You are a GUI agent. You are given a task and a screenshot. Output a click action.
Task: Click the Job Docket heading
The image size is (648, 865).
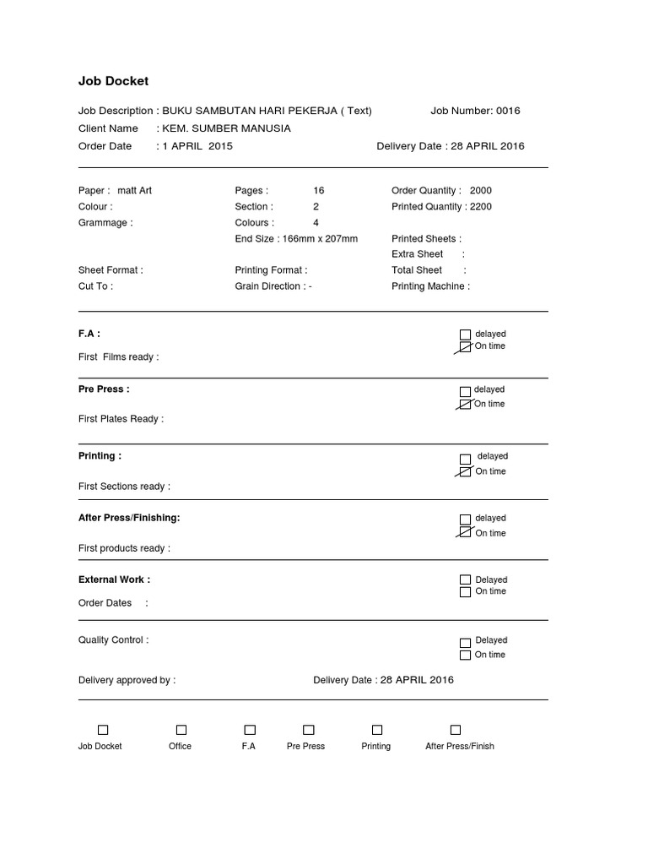pyautogui.click(x=113, y=81)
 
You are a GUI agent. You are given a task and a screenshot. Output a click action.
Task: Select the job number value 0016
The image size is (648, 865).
pyautogui.click(x=508, y=111)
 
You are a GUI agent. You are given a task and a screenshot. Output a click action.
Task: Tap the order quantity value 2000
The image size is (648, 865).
pyautogui.click(x=480, y=190)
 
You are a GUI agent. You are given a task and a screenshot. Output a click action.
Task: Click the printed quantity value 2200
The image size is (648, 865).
pyautogui.click(x=480, y=206)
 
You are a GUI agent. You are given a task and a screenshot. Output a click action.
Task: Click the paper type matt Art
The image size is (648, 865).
pyautogui.click(x=135, y=190)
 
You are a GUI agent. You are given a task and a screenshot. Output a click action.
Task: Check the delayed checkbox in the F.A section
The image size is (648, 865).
pyautogui.click(x=465, y=335)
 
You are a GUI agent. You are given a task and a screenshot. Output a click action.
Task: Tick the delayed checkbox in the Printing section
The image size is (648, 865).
pyautogui.click(x=465, y=457)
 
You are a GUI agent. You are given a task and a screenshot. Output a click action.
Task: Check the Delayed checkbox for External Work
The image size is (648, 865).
pyautogui.click(x=465, y=579)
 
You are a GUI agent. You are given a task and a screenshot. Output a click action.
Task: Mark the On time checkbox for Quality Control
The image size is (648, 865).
pyautogui.click(x=465, y=655)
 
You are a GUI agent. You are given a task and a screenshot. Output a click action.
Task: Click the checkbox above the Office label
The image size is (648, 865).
pyautogui.click(x=181, y=730)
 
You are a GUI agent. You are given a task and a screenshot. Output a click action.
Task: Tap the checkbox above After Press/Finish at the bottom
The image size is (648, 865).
pyautogui.click(x=456, y=730)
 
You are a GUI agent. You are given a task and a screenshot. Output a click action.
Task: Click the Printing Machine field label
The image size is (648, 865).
pyautogui.click(x=430, y=286)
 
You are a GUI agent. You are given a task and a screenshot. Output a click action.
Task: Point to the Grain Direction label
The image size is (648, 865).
pyautogui.click(x=270, y=286)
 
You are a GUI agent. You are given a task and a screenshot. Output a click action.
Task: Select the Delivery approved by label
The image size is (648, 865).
pyautogui.click(x=127, y=680)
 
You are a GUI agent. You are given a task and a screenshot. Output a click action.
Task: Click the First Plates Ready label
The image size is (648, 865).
pyautogui.click(x=121, y=419)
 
